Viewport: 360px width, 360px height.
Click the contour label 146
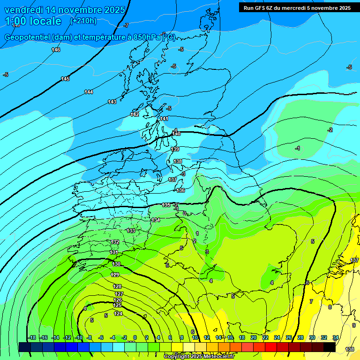click(x=56, y=50)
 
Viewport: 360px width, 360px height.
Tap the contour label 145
click(x=65, y=79)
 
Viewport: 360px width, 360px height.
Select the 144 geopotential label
click(x=89, y=92)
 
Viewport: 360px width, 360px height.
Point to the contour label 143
click(x=112, y=102)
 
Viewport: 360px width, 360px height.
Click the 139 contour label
click(x=175, y=149)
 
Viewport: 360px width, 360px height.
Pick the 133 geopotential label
click(x=131, y=231)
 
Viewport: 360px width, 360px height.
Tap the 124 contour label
click(x=118, y=314)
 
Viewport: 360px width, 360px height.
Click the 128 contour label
click(x=118, y=286)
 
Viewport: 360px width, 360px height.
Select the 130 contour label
click(x=116, y=264)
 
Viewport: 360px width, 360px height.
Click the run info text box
click(x=297, y=7)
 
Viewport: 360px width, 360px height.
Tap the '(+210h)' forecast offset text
click(x=83, y=21)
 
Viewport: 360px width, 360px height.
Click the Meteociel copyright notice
click(x=199, y=357)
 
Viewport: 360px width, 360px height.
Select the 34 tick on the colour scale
click(x=336, y=337)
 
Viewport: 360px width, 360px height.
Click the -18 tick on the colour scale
click(x=32, y=337)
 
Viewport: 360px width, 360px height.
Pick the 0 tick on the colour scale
click(x=135, y=337)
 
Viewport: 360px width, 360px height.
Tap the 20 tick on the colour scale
click(x=254, y=337)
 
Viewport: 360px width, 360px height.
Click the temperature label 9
click(x=354, y=325)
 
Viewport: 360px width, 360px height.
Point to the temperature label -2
click(x=330, y=130)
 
